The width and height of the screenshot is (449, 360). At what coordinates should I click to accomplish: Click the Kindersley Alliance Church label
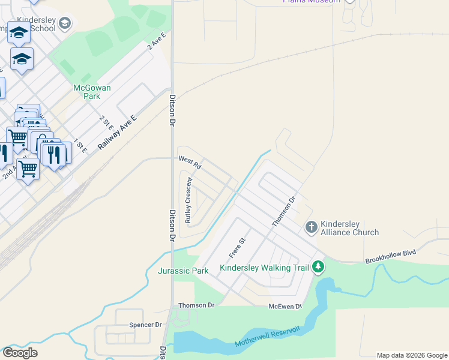coord(350,227)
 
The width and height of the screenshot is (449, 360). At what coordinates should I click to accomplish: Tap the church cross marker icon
coord(311,227)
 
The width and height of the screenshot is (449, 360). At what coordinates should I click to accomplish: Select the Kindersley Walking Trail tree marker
coord(318,267)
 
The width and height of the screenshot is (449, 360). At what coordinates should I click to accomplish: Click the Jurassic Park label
coord(183,271)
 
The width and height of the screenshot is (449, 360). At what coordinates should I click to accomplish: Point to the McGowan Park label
coord(92,91)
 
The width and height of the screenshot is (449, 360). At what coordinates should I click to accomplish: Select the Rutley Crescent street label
coord(188,200)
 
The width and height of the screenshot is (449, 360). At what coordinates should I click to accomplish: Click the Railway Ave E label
coord(118,133)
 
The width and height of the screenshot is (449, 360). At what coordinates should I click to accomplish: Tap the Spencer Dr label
coord(146,325)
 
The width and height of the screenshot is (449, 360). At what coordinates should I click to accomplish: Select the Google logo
coord(20,353)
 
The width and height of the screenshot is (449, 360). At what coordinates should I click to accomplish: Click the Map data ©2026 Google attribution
coord(412,355)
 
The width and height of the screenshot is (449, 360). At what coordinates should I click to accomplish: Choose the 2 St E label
coord(106,122)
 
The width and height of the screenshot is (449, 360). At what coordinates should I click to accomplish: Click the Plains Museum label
coord(312,2)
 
